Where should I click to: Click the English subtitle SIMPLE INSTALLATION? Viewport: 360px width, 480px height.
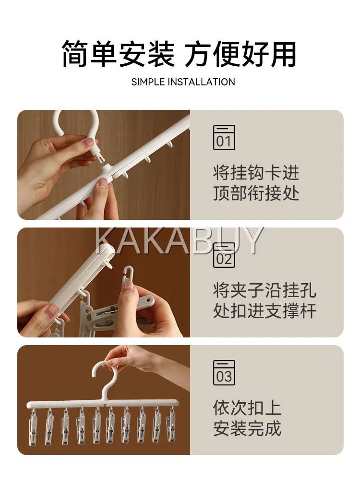point(183,82)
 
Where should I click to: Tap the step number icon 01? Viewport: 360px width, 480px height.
point(224,137)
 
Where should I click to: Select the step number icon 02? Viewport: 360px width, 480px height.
point(224,255)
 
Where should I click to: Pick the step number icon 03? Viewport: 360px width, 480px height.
point(224,372)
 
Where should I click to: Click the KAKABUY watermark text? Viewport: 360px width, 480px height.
point(180,240)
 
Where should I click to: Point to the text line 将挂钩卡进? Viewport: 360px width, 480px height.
point(256,173)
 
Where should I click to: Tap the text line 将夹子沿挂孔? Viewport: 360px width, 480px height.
point(264,290)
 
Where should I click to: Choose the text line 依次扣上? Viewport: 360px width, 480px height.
point(247,408)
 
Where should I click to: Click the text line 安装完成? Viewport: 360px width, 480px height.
point(247,428)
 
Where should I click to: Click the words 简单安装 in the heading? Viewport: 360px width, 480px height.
point(118,54)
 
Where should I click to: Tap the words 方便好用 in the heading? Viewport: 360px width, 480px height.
point(240,54)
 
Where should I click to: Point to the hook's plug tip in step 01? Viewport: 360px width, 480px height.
point(102,157)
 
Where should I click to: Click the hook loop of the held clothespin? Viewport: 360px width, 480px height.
point(128,275)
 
